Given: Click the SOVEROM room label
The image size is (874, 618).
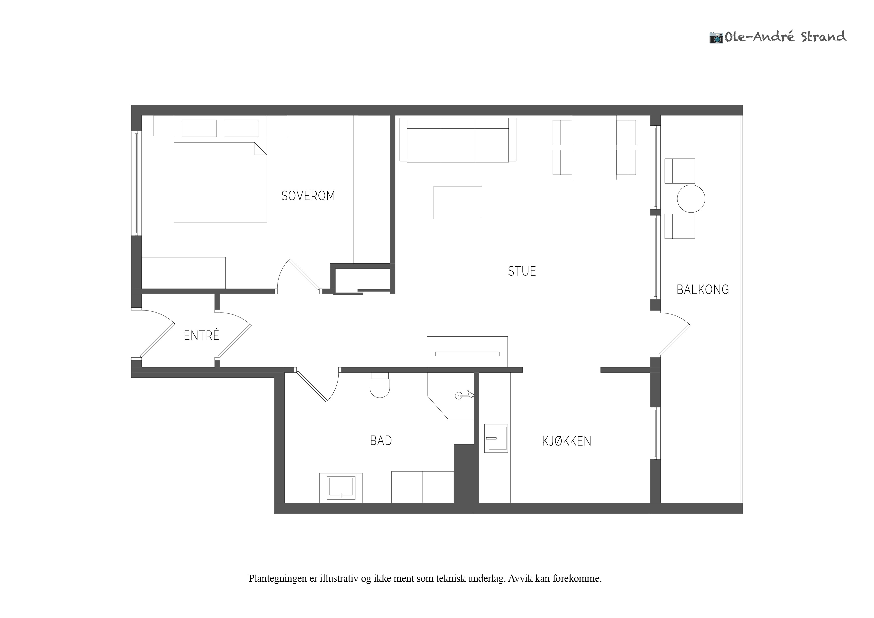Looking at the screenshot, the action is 308,196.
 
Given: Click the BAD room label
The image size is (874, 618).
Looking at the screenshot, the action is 381,441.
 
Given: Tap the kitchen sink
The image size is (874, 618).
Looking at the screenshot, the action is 496,438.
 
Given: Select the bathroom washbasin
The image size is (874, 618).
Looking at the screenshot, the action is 341,488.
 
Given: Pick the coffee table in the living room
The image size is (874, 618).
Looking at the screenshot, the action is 458,203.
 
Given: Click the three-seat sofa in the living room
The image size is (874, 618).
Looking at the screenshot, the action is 458,140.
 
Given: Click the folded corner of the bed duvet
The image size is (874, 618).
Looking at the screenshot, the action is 260,149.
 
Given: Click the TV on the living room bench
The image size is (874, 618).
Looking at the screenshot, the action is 467,354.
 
